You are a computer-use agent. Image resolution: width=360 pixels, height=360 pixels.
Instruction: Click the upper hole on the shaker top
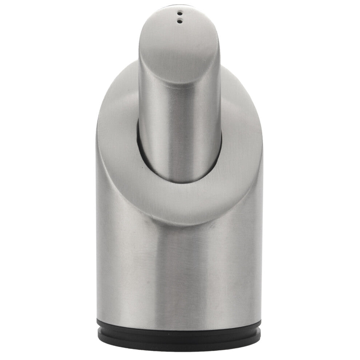point(180,14)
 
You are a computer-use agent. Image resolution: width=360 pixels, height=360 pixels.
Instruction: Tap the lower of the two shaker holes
point(180,21)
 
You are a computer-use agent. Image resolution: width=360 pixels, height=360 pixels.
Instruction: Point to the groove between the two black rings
point(180,332)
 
